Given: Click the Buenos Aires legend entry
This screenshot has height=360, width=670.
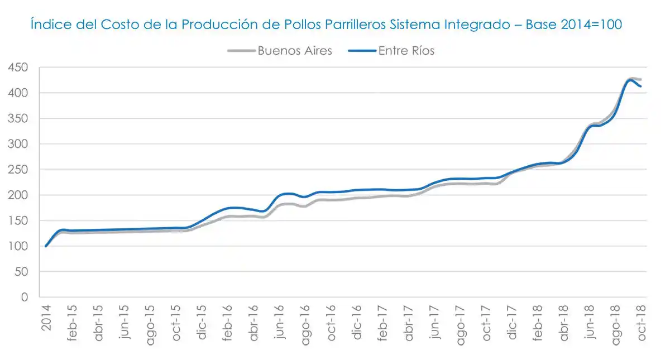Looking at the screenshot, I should tap(294, 51).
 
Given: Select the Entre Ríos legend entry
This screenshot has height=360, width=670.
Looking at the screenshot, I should tap(406, 51).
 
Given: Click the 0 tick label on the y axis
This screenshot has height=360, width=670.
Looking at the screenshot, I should tap(24, 297).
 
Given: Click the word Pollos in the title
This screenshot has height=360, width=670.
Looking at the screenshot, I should tap(304, 25).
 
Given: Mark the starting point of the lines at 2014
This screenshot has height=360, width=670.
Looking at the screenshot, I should tap(46, 246).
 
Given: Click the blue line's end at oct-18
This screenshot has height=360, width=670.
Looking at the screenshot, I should tap(640, 87).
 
